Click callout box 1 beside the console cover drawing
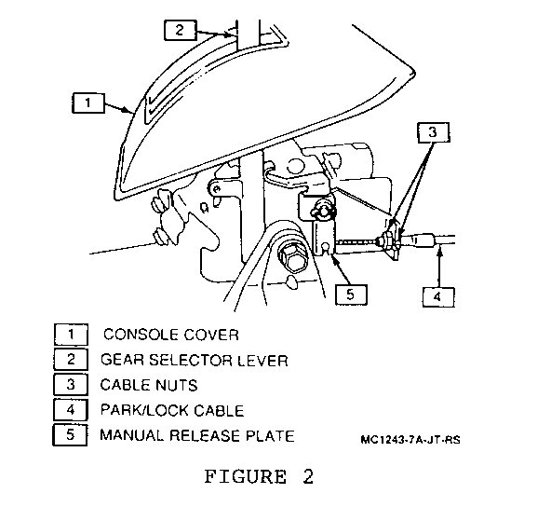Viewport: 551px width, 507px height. (x=88, y=103)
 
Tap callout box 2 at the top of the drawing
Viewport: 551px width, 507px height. (x=180, y=30)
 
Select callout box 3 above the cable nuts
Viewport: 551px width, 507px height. (x=434, y=132)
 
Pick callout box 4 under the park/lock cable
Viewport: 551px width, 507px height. (x=438, y=297)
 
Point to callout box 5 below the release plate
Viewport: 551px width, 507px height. (x=351, y=295)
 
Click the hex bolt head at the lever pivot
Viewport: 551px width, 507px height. (x=292, y=258)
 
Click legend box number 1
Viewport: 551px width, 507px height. (x=71, y=335)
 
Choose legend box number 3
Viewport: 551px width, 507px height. (x=71, y=385)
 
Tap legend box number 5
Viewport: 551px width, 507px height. (x=70, y=435)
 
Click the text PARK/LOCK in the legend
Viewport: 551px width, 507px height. (x=145, y=411)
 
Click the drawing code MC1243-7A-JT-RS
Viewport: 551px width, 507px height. (x=410, y=440)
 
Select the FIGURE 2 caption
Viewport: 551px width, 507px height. (x=259, y=477)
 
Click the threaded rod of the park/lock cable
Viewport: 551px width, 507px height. (x=356, y=242)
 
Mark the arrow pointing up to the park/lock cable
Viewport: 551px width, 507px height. (x=439, y=267)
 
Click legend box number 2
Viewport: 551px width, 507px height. (x=71, y=360)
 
